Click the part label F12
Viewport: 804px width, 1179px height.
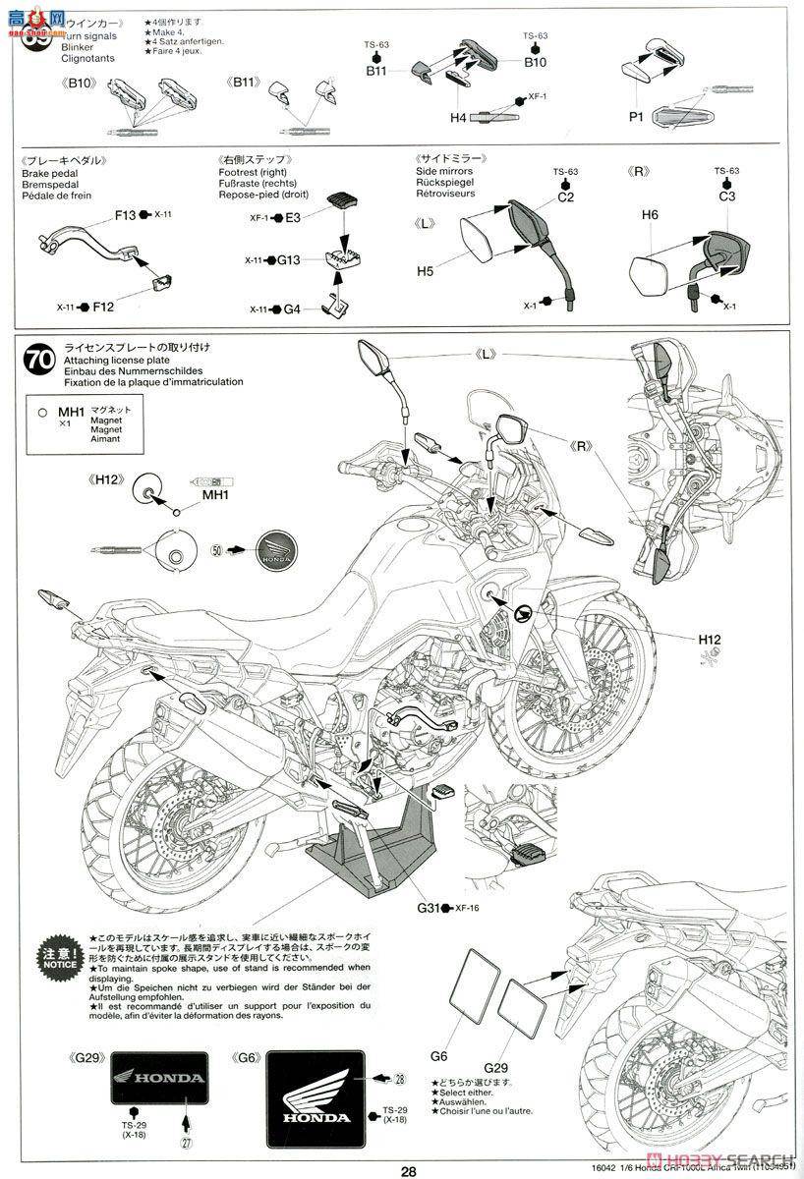click(x=103, y=307)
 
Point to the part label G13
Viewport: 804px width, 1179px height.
click(x=288, y=260)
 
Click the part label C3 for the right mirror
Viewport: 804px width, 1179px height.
click(x=726, y=196)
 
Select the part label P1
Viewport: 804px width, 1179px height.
click(x=635, y=116)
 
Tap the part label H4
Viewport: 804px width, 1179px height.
click(x=458, y=117)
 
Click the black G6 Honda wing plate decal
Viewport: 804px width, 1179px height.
click(x=316, y=1092)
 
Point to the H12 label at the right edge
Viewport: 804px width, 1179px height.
click(x=711, y=640)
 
